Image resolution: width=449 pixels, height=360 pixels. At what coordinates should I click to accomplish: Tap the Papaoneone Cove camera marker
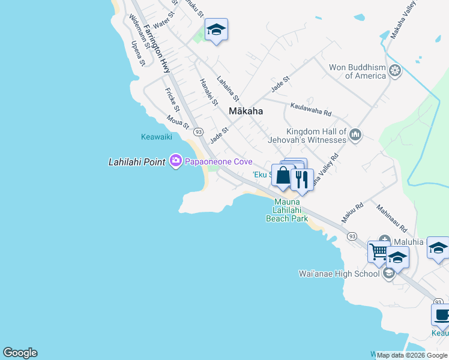click(176, 161)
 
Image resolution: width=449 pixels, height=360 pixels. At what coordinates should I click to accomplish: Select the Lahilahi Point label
click(137, 162)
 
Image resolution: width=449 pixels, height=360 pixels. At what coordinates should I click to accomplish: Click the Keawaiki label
click(156, 137)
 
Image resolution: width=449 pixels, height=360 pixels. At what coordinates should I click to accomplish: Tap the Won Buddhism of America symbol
click(395, 71)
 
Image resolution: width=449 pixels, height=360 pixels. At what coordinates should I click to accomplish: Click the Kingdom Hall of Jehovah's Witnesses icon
click(355, 135)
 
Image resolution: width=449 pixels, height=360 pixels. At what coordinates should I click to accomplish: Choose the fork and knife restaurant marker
click(302, 179)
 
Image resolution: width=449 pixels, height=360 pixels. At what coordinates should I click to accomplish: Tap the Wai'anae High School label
click(339, 274)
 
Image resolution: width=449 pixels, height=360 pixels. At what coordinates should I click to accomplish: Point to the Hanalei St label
click(209, 92)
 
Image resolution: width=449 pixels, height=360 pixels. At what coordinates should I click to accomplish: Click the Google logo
click(20, 353)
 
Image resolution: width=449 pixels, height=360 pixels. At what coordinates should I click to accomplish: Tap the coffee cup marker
click(441, 314)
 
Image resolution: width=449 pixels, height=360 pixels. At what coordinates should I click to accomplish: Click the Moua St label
click(178, 122)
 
